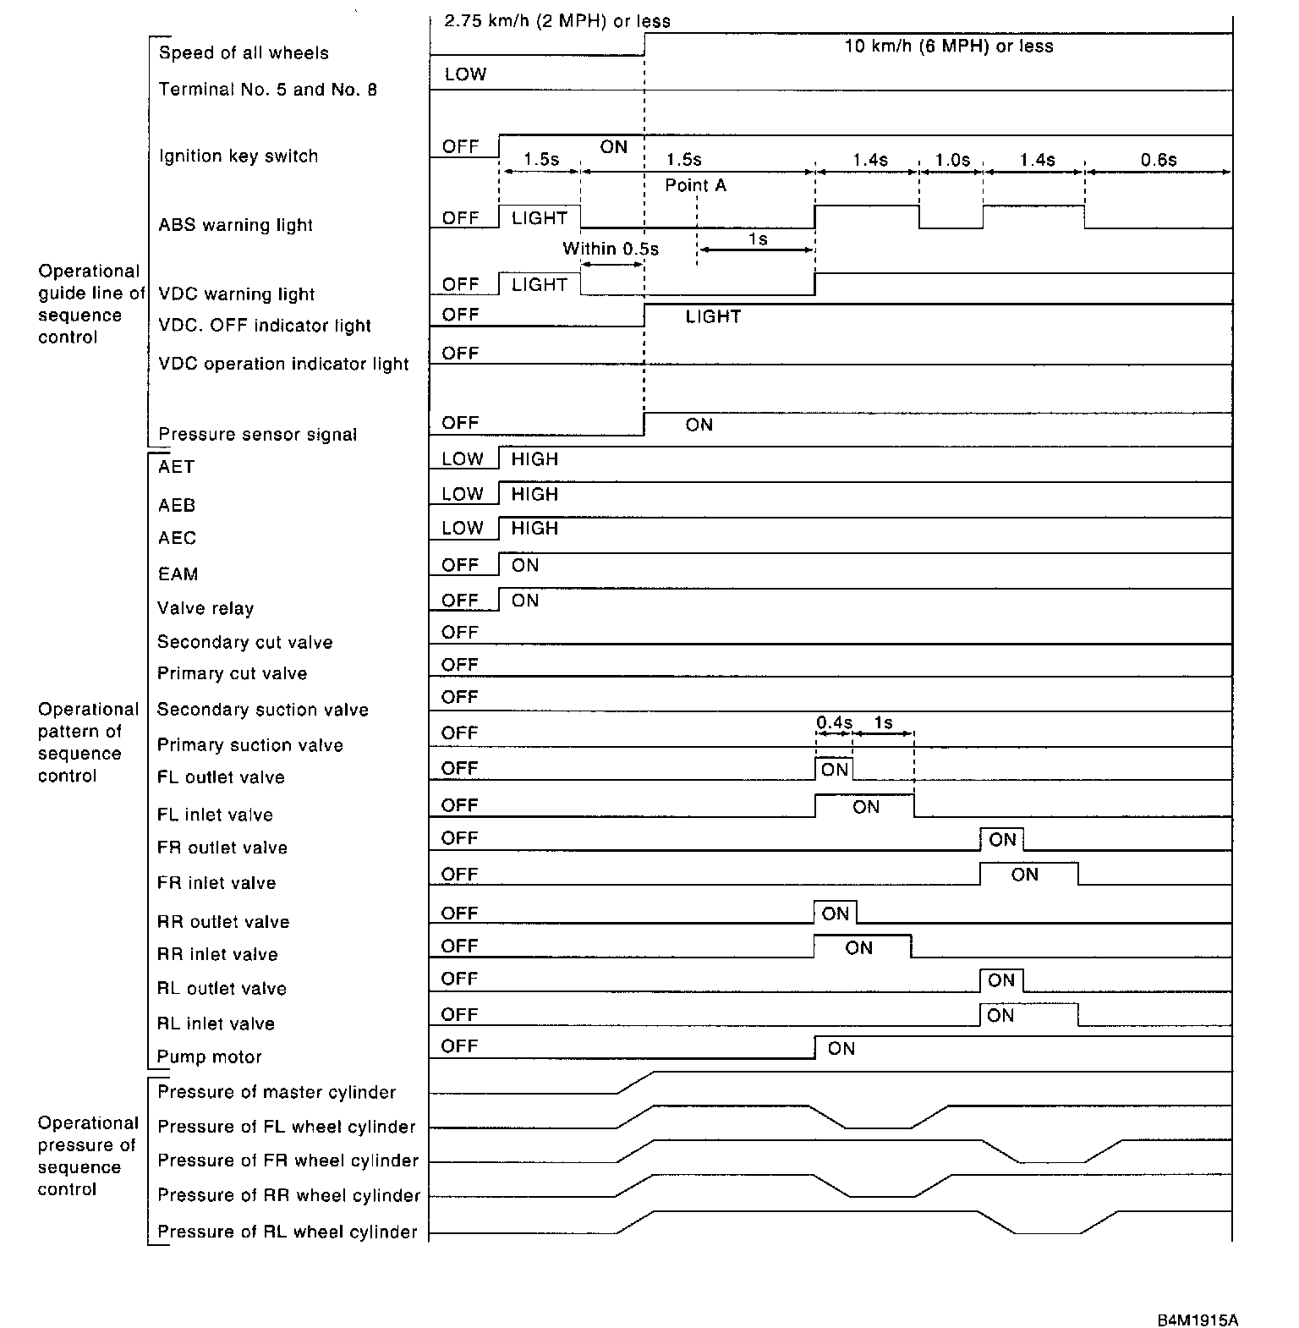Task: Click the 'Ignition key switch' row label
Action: pyautogui.click(x=238, y=156)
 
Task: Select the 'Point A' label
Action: pyautogui.click(x=695, y=185)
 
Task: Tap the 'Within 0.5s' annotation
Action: pyautogui.click(x=611, y=249)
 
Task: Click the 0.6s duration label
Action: pyautogui.click(x=1159, y=160)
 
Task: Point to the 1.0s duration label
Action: pyautogui.click(x=952, y=160)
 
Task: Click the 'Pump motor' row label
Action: pyautogui.click(x=209, y=1056)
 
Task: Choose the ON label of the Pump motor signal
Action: pyautogui.click(x=841, y=1049)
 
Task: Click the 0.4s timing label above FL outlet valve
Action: pyautogui.click(x=834, y=723)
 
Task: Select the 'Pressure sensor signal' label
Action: pyautogui.click(x=258, y=435)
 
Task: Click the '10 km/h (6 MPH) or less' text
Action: pyautogui.click(x=949, y=47)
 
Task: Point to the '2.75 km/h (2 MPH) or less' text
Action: pyautogui.click(x=557, y=21)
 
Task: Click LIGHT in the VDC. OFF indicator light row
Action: pyautogui.click(x=713, y=317)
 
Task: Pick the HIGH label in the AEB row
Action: pyautogui.click(x=534, y=494)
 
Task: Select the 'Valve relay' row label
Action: pyautogui.click(x=206, y=609)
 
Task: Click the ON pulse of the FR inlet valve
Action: pyautogui.click(x=1025, y=875)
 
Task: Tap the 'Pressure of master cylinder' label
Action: pyautogui.click(x=277, y=1092)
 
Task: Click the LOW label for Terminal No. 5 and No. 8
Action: pyautogui.click(x=465, y=74)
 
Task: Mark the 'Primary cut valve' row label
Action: pyautogui.click(x=232, y=674)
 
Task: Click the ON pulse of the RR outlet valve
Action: pyautogui.click(x=835, y=914)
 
